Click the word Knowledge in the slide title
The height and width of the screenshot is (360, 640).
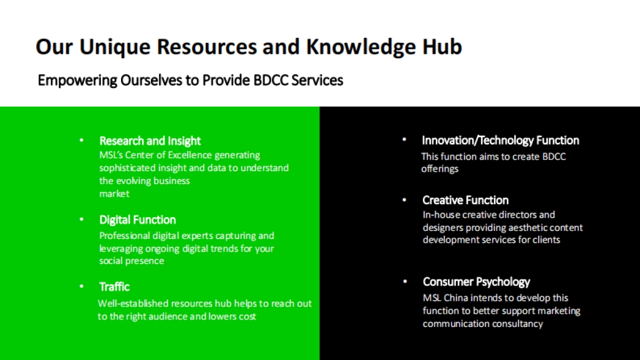(x=361, y=47)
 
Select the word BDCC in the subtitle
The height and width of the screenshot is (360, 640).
(x=271, y=81)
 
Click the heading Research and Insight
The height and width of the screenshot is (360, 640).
(x=150, y=141)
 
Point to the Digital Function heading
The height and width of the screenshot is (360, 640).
(x=138, y=220)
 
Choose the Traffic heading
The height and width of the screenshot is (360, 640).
(x=114, y=287)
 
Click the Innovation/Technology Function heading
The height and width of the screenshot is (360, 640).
(x=501, y=141)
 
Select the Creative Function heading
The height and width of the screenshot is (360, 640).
(x=466, y=201)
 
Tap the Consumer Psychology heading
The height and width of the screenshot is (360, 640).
(x=476, y=282)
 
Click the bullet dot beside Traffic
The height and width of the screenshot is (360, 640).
(x=82, y=286)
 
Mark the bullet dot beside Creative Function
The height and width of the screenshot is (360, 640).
(x=404, y=200)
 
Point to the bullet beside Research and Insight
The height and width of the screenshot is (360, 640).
(x=82, y=140)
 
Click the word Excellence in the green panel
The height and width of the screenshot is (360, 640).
(x=190, y=155)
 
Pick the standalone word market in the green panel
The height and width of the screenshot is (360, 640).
(x=114, y=194)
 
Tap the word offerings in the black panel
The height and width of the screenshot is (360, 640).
(x=439, y=169)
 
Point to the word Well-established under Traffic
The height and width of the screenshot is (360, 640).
(x=133, y=303)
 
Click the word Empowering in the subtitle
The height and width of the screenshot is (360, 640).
(x=77, y=81)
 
